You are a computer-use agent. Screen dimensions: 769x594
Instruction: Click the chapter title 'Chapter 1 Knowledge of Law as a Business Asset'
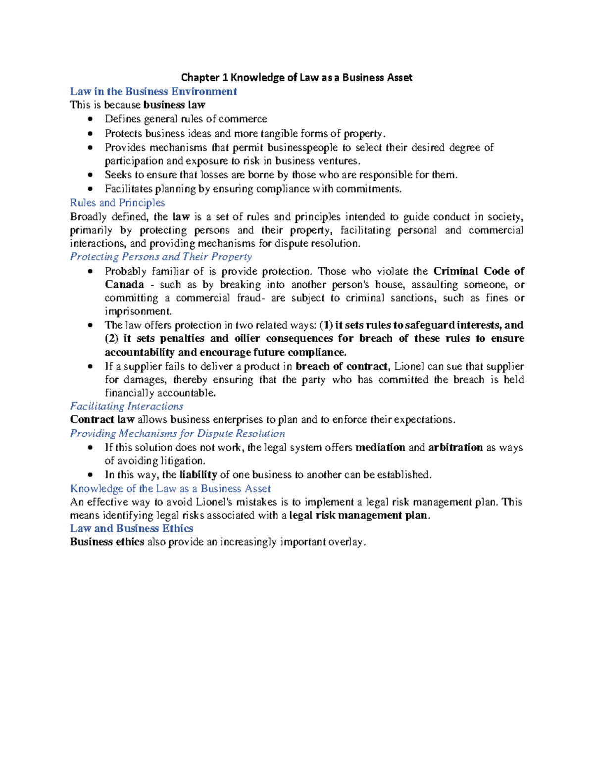[x=297, y=77]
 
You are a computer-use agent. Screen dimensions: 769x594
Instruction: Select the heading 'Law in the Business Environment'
[x=153, y=92]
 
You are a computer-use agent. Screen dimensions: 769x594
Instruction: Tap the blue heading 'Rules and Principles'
[x=117, y=203]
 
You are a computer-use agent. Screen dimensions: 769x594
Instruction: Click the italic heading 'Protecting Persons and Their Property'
[x=161, y=256]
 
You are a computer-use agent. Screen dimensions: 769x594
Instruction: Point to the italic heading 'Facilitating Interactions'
[x=127, y=406]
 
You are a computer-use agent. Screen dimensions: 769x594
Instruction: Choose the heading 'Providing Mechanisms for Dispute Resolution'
[x=177, y=433]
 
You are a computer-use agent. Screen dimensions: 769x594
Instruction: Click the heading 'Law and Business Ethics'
[x=132, y=528]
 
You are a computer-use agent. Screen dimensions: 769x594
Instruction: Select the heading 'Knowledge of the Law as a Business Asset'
[x=170, y=489]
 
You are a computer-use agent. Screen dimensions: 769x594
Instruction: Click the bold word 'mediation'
[x=380, y=447]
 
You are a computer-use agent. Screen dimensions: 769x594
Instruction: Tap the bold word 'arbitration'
[x=455, y=447]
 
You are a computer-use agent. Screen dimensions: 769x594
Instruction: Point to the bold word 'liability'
[x=198, y=474]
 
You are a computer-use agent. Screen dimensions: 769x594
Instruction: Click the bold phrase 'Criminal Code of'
[x=479, y=271]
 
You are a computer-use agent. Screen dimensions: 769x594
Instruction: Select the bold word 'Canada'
[x=124, y=285]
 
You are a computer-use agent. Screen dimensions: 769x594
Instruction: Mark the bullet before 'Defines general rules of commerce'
[x=90, y=119]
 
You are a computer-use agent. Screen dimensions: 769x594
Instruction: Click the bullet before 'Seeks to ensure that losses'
[x=90, y=175]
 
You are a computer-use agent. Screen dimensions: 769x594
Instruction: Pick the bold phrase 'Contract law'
[x=102, y=419]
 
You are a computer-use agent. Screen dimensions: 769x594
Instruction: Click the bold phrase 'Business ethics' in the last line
[x=107, y=542]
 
